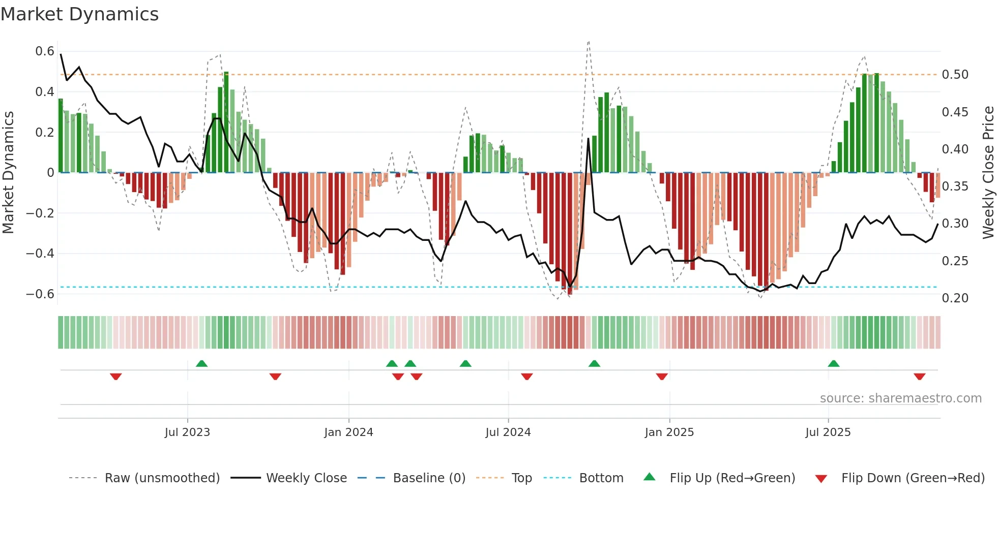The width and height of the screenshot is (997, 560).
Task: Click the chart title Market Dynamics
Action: click(x=79, y=14)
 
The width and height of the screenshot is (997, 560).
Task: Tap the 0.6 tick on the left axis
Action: click(x=45, y=51)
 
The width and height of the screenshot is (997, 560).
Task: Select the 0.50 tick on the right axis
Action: click(x=955, y=75)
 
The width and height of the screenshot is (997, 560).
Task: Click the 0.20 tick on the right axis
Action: click(x=955, y=298)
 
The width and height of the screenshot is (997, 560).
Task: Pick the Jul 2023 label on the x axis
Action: click(x=187, y=432)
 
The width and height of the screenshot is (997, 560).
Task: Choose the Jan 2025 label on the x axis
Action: click(x=669, y=432)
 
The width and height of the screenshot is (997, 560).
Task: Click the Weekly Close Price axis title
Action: click(x=988, y=173)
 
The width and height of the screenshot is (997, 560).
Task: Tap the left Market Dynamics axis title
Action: click(x=8, y=173)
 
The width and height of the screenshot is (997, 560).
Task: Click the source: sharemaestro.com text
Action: click(x=900, y=398)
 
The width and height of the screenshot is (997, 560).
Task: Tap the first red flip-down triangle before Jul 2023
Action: click(x=116, y=377)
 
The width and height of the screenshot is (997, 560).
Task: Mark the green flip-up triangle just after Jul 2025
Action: click(x=833, y=363)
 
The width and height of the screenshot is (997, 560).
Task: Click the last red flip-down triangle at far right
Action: click(x=919, y=377)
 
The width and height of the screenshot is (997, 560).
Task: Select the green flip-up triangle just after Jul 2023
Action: click(x=201, y=363)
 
